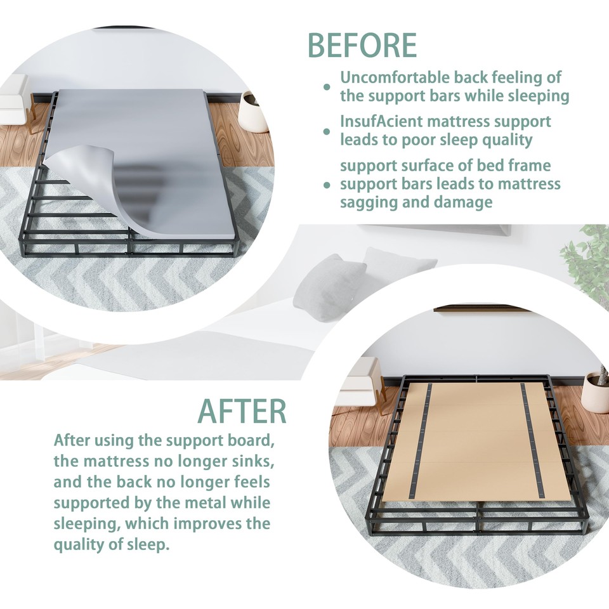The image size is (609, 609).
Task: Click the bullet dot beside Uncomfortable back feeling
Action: coord(327,87)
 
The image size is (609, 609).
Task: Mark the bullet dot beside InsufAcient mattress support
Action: coord(327,131)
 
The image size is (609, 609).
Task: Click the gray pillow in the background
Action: coord(330,285)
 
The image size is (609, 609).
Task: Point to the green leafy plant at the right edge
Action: coord(587,260)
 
